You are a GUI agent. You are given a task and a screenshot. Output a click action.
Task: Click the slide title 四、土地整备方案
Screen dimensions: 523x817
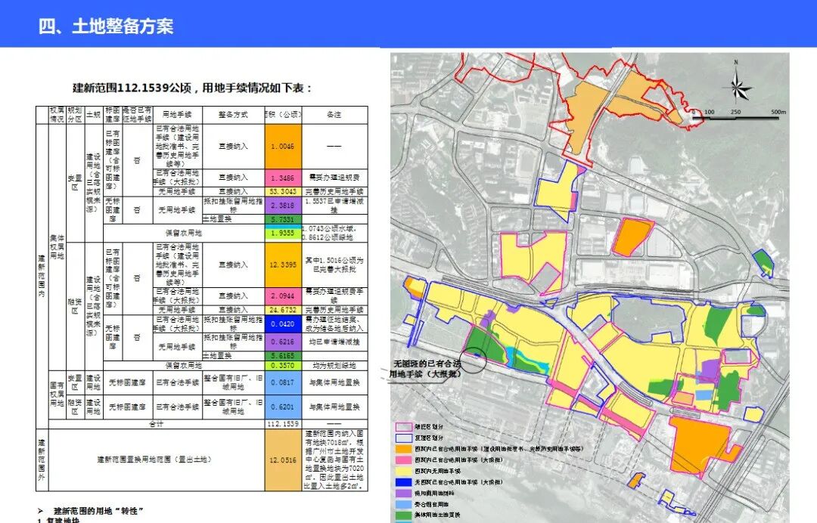[x=107, y=26]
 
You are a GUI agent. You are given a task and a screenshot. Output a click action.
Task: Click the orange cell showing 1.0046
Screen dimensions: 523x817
[x=284, y=146]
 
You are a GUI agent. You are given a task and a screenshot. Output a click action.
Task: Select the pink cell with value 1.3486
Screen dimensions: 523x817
[x=284, y=178]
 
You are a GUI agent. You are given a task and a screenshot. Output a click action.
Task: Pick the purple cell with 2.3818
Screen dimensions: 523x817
[x=284, y=205]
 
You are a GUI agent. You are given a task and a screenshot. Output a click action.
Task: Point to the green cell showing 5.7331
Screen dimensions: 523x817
[x=284, y=219]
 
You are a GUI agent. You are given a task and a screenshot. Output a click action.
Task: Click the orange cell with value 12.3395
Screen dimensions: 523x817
[x=284, y=265]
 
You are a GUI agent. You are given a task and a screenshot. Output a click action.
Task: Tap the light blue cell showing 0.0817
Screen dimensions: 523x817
[x=284, y=382]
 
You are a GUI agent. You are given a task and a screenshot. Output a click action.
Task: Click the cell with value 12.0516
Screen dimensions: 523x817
[x=284, y=460]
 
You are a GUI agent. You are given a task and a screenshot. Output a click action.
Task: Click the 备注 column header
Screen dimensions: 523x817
[x=334, y=115]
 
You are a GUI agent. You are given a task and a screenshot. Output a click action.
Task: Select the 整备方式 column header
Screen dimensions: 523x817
[x=233, y=115]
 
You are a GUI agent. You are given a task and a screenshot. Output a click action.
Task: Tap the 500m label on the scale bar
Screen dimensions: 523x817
[x=778, y=113]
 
